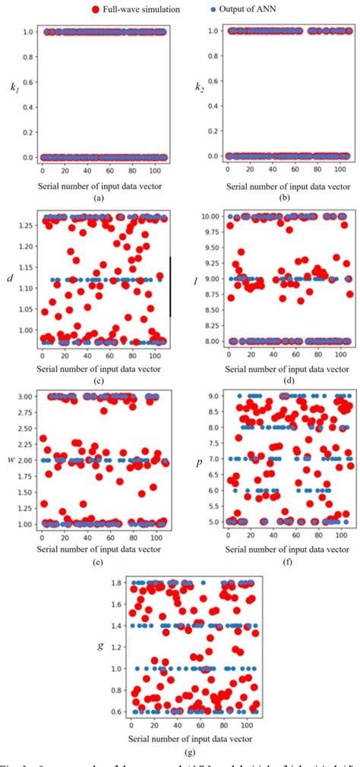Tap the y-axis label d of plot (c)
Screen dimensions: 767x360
point(9,279)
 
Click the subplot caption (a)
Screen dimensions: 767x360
point(96,197)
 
